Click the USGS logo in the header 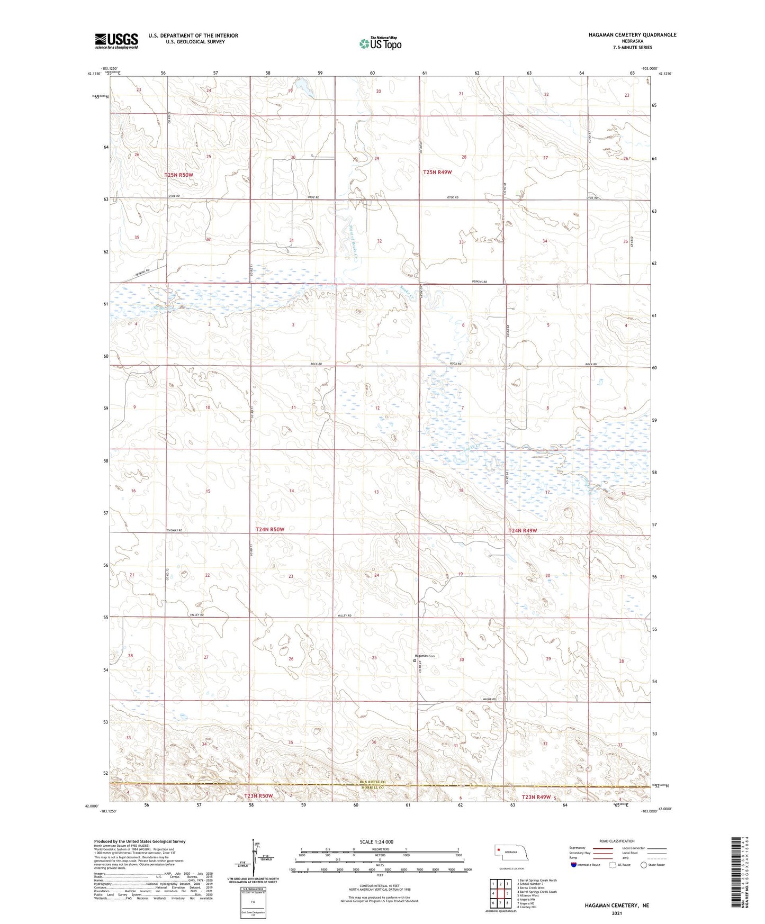116,41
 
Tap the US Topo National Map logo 380,43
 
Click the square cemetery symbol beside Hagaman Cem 415,660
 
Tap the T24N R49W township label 523,530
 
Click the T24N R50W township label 270,529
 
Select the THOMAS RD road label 174,530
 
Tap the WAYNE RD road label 489,700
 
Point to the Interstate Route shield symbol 574,865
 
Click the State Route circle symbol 644,865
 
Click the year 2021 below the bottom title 616,913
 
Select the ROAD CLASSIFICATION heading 616,841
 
